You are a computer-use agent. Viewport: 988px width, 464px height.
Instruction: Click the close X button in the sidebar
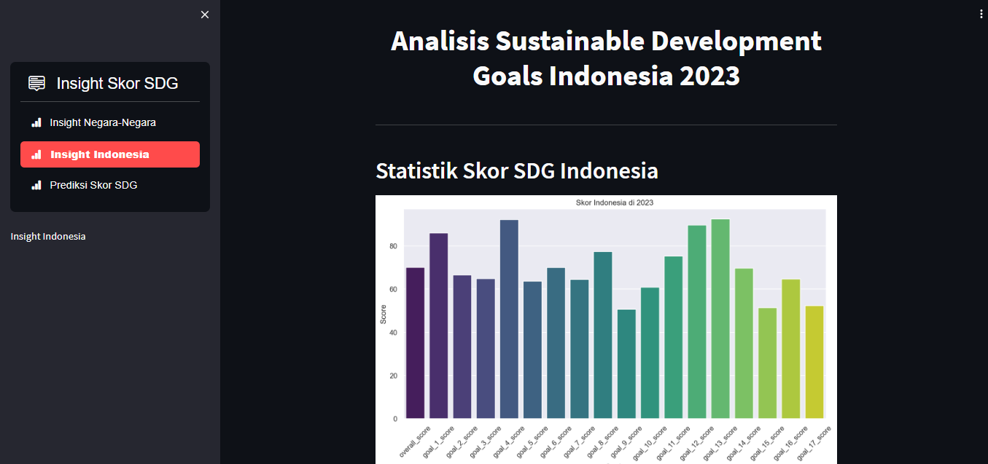coord(205,15)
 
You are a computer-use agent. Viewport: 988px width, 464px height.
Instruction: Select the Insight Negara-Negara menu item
coord(103,122)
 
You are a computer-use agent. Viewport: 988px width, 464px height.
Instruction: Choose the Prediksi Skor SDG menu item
coord(93,185)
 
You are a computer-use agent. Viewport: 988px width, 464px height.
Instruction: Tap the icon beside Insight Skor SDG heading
coord(37,83)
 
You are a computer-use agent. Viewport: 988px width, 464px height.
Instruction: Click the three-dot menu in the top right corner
coord(981,14)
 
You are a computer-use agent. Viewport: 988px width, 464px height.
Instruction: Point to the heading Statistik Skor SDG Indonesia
coord(516,170)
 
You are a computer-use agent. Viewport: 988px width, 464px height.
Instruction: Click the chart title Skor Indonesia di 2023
coord(614,202)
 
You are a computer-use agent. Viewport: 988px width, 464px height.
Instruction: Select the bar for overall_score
coord(415,342)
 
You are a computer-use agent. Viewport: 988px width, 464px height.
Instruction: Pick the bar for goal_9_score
coord(626,364)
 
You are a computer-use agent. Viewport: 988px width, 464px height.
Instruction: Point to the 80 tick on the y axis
coord(393,246)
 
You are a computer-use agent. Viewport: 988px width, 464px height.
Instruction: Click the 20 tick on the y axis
coord(393,376)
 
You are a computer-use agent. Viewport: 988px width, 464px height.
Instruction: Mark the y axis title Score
coord(384,314)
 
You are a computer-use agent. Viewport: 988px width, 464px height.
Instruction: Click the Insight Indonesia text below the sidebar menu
coord(48,236)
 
